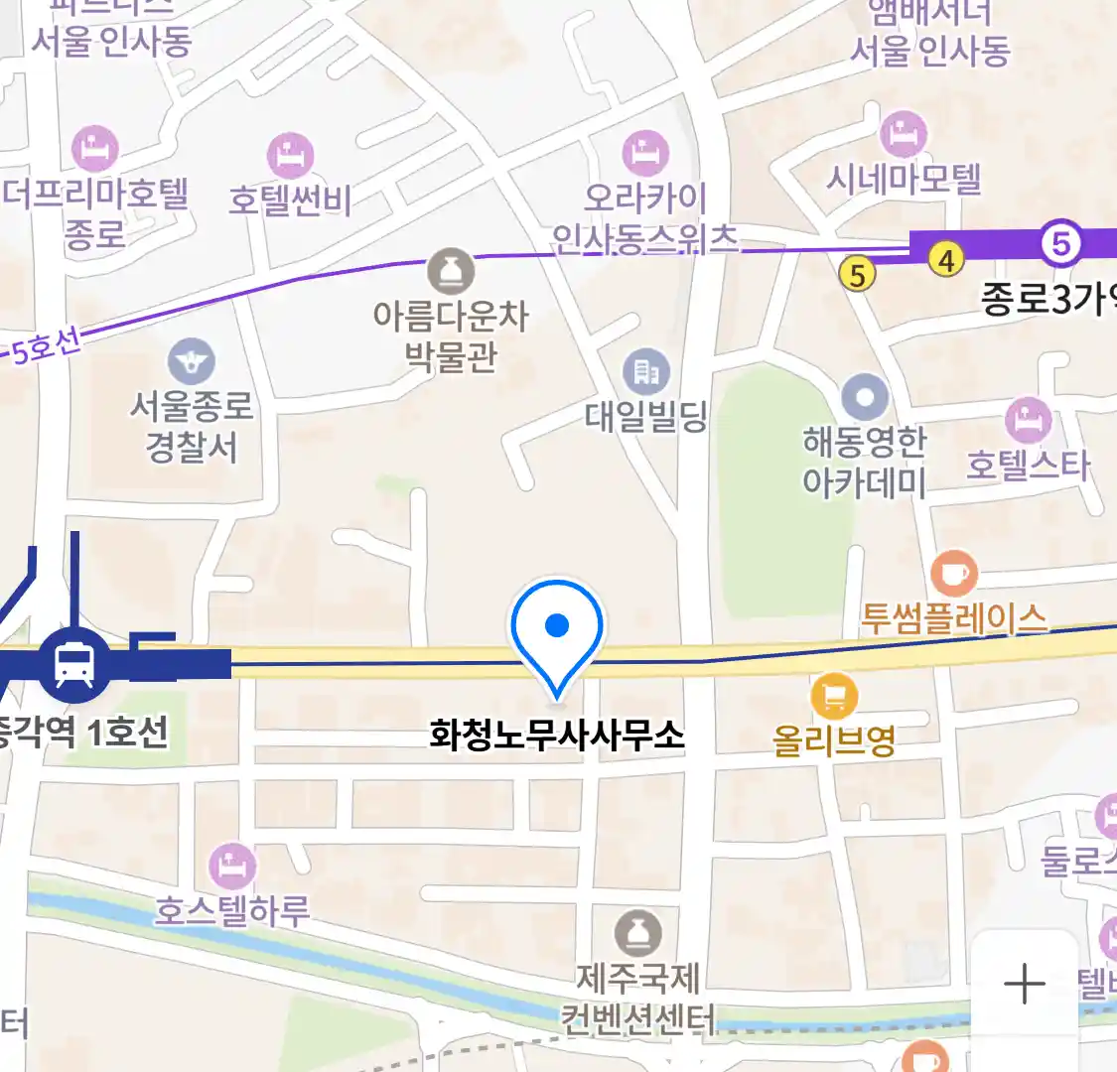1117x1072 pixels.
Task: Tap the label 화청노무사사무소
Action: point(557,735)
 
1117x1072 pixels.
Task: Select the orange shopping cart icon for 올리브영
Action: point(834,697)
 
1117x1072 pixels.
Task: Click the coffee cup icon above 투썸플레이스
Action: point(954,574)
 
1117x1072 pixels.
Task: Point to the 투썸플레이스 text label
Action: point(953,618)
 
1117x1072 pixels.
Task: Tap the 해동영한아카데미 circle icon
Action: point(865,398)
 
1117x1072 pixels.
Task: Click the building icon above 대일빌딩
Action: point(646,372)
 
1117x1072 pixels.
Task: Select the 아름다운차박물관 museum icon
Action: point(451,271)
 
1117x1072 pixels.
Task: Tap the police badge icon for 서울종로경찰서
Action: point(192,362)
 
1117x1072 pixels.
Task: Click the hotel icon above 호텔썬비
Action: point(290,156)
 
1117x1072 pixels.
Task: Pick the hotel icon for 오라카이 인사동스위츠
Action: point(646,153)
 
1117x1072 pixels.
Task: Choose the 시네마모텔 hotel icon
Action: point(904,134)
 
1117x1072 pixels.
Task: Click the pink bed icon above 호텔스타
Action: point(1028,420)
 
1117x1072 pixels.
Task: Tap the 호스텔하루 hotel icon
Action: point(232,867)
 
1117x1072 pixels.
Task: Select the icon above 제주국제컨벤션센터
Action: point(638,933)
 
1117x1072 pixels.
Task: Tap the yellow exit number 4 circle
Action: point(947,260)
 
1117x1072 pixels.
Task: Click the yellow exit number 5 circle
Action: point(858,274)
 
